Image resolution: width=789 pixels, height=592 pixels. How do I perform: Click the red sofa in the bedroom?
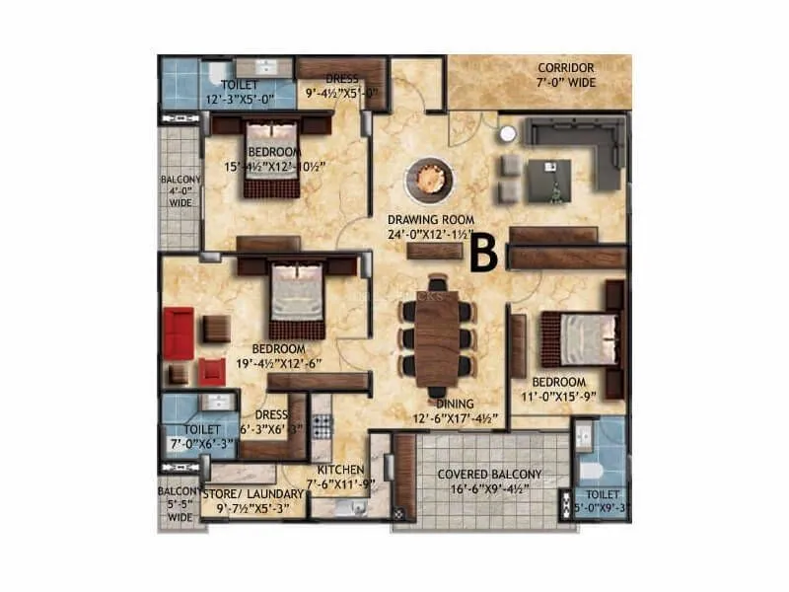pyautogui.click(x=178, y=333)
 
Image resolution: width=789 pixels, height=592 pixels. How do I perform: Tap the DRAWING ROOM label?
pyautogui.click(x=431, y=220)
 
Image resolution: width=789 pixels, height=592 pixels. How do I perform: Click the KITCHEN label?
pyautogui.click(x=341, y=470)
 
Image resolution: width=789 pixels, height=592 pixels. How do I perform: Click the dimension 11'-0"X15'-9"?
pyautogui.click(x=559, y=397)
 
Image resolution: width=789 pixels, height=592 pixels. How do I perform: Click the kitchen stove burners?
pyautogui.click(x=322, y=425)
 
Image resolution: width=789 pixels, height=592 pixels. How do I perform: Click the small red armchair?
pyautogui.click(x=212, y=371)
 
